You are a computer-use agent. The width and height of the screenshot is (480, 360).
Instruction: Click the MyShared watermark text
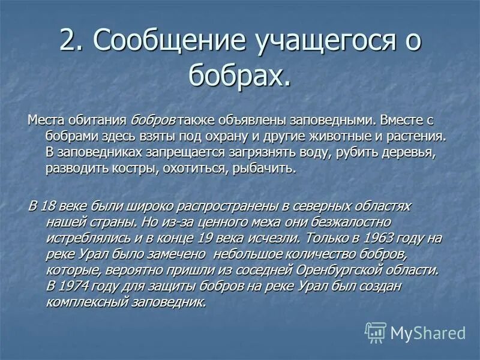(x=428, y=332)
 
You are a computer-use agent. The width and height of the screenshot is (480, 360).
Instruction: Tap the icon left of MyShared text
(x=376, y=332)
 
